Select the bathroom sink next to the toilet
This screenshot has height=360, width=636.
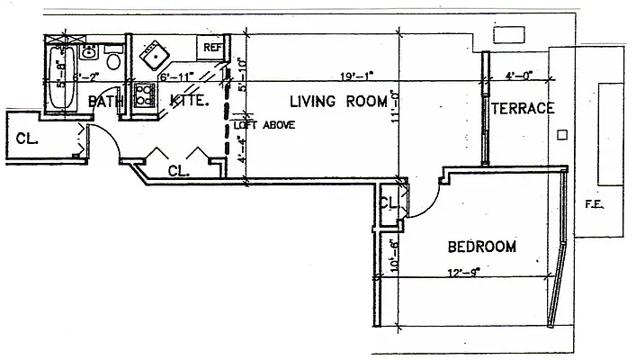(88, 51)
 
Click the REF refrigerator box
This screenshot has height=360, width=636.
(213, 48)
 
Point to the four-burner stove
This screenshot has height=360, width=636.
(144, 94)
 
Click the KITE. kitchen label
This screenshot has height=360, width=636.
(190, 102)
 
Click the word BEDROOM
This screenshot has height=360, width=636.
(481, 247)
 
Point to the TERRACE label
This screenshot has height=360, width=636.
(522, 108)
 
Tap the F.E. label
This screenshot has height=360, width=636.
(594, 204)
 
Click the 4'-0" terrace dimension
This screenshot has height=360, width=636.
(520, 76)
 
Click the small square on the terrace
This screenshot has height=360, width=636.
(561, 135)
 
